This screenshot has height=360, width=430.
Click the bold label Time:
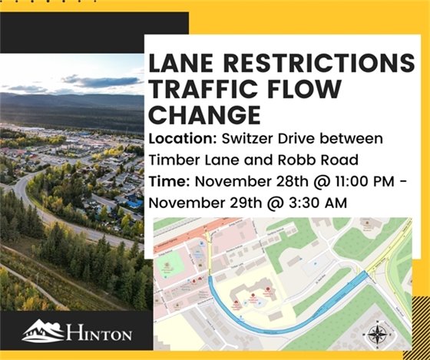point(166,182)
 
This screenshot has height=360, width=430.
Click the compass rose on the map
point(378,334)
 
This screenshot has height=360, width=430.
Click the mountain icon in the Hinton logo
point(44,331)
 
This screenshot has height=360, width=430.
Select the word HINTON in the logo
point(99,334)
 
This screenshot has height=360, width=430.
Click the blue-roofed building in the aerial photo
point(134,203)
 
